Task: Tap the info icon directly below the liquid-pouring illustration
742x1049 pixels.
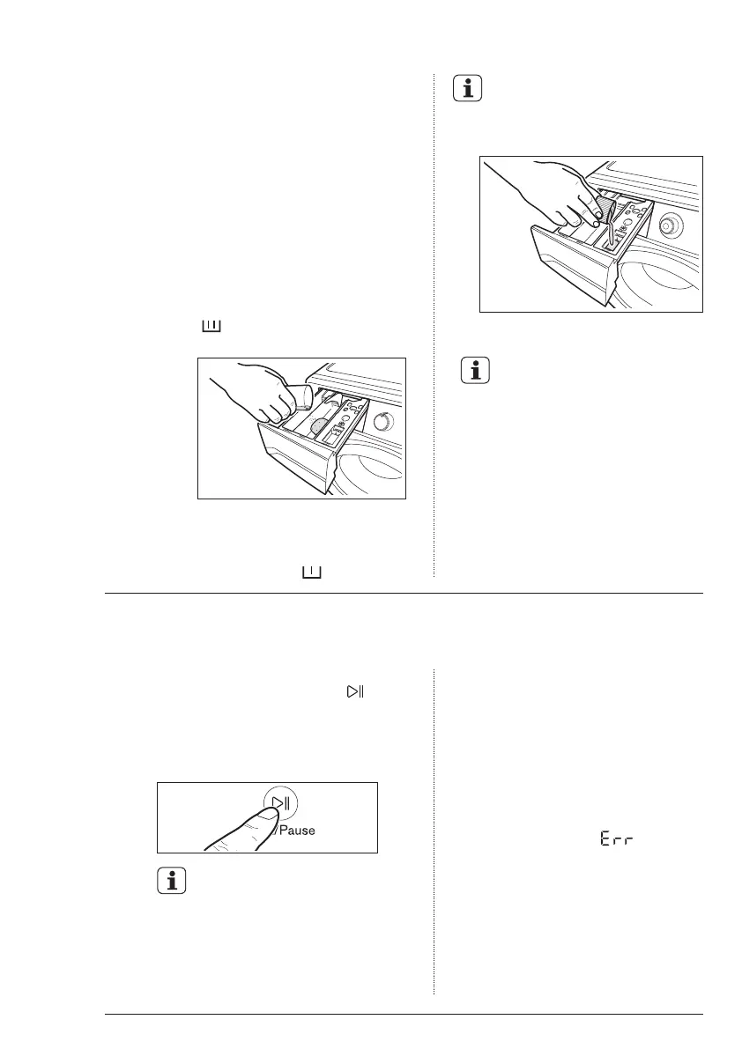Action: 477,370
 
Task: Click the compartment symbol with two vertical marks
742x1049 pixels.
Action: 211,327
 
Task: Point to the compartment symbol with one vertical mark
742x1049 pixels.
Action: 312,573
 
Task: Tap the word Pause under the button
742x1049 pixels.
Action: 297,830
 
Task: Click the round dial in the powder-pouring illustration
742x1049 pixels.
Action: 383,421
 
